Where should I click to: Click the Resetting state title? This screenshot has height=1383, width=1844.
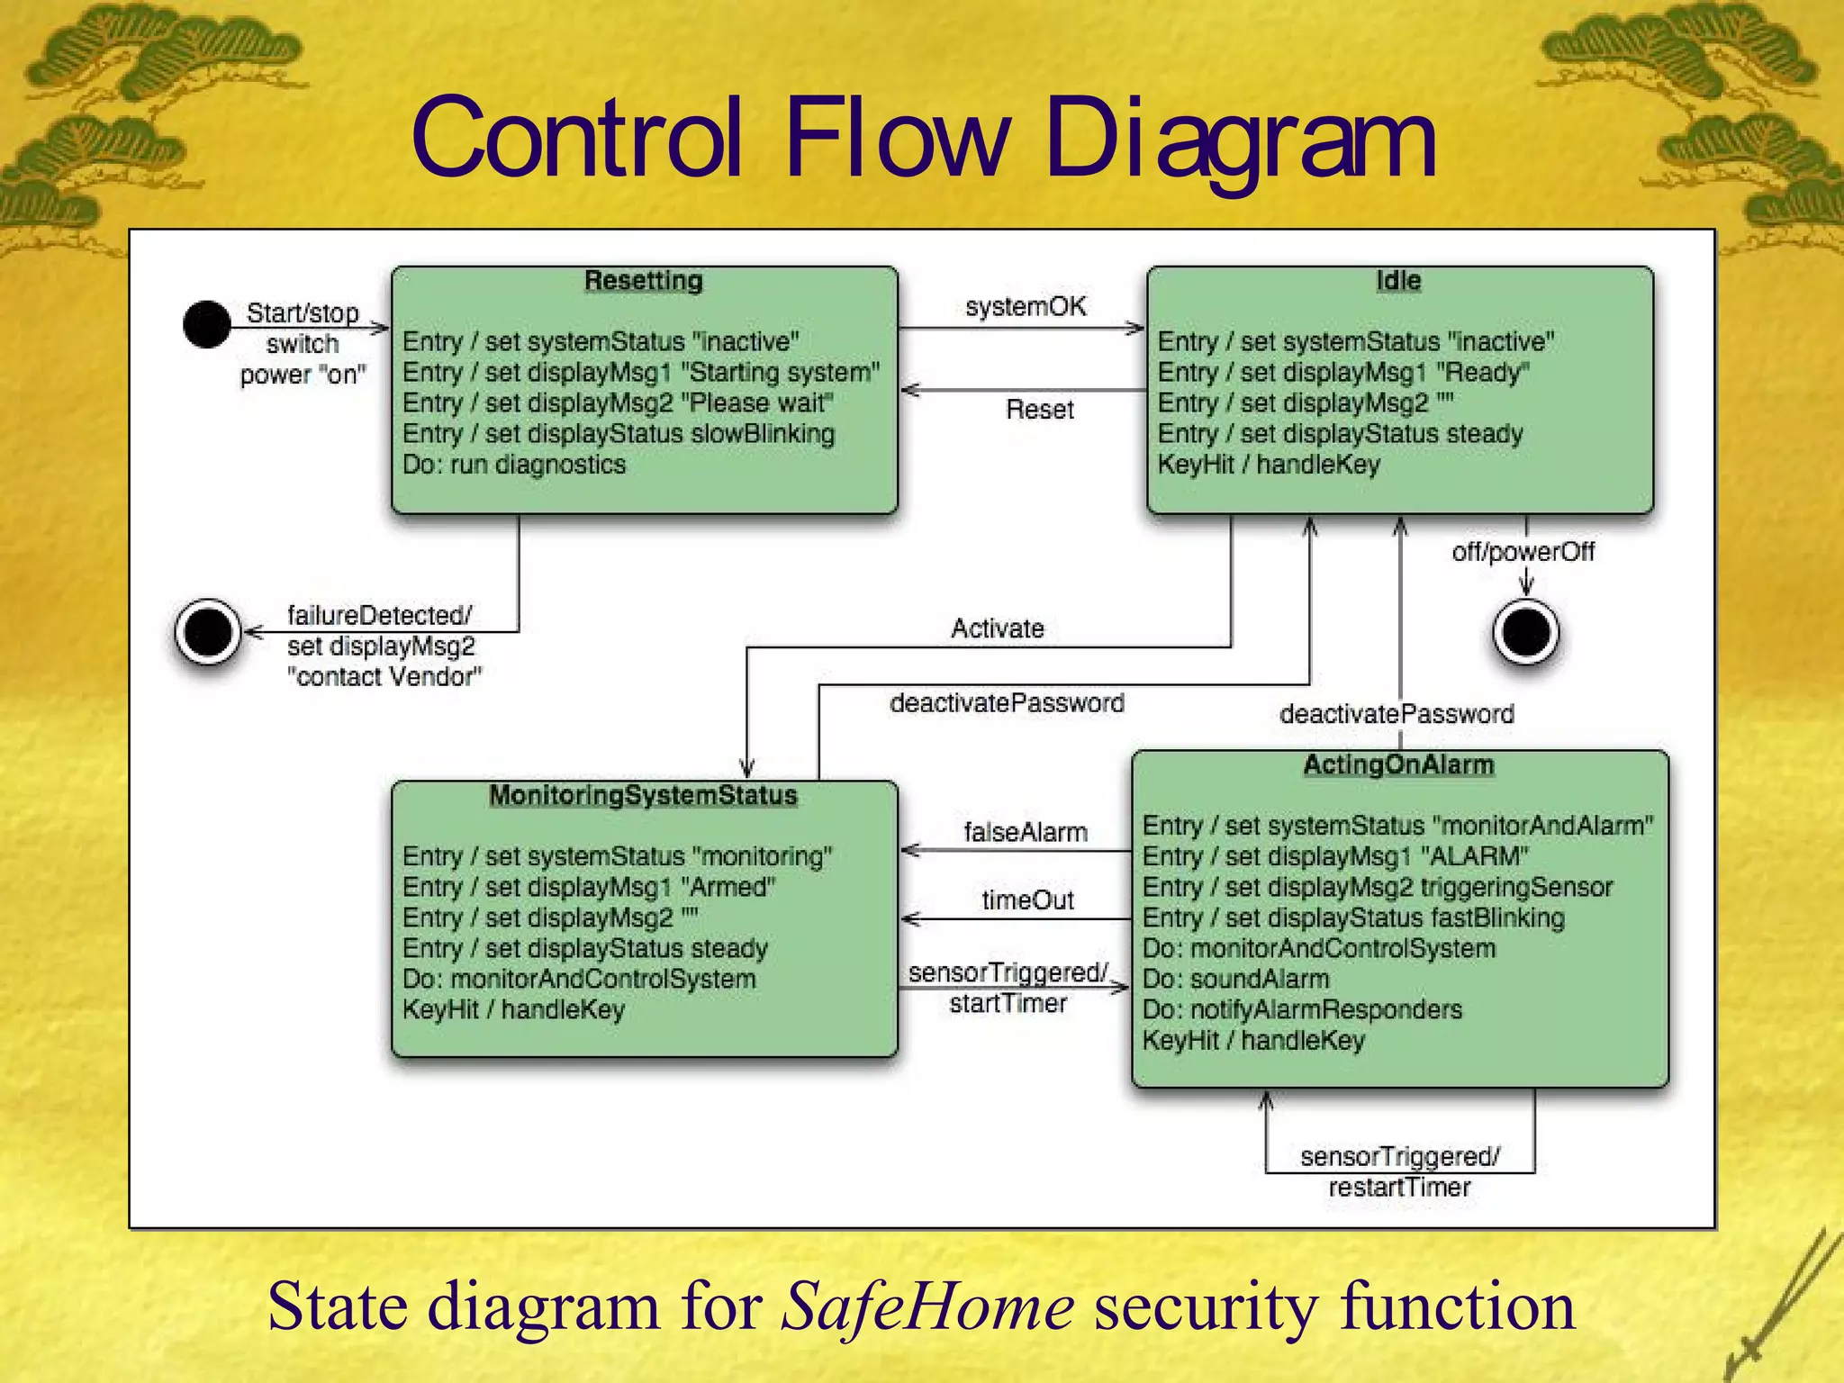click(x=643, y=281)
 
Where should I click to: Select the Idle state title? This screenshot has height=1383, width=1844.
click(x=1398, y=281)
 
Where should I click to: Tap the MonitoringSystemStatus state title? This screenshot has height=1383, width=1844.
click(x=643, y=796)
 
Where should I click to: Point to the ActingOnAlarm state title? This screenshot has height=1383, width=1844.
click(x=1398, y=765)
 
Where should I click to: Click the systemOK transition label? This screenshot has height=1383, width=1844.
click(x=1026, y=307)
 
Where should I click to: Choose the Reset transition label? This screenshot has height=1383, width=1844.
click(x=1040, y=411)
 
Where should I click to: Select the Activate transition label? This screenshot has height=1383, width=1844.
click(x=998, y=628)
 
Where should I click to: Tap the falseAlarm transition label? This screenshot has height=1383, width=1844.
click(x=1026, y=833)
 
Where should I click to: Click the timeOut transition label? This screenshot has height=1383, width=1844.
click(x=1027, y=900)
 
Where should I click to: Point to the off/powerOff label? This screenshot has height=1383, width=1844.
click(x=1523, y=552)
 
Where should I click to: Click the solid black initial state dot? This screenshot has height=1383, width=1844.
click(x=207, y=325)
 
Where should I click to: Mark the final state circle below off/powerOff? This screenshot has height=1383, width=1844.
click(x=1526, y=632)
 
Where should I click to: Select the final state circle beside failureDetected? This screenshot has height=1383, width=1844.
click(x=208, y=632)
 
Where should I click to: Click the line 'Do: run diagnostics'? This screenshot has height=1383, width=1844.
click(x=514, y=465)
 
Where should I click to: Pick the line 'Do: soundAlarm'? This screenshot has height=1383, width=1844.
click(x=1235, y=980)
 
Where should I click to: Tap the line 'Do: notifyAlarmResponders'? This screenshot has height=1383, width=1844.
click(x=1302, y=1010)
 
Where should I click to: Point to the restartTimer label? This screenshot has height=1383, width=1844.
click(x=1399, y=1188)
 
